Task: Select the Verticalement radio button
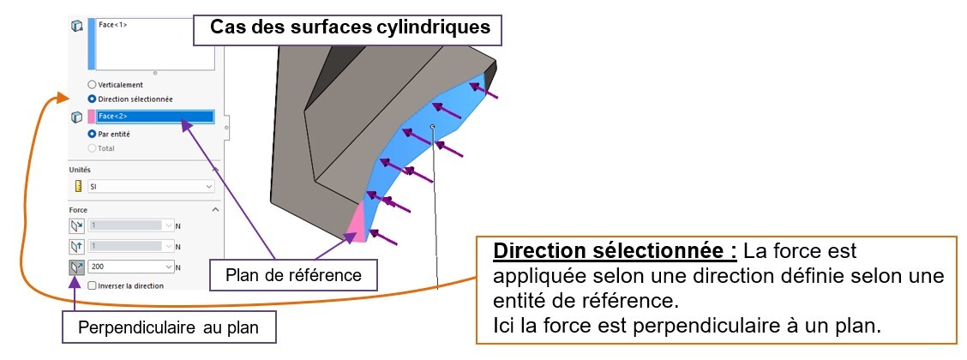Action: (x=92, y=85)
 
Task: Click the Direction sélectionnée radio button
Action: (x=92, y=99)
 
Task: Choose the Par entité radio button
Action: (x=92, y=134)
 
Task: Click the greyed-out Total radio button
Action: (x=92, y=148)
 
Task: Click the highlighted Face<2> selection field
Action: (x=155, y=117)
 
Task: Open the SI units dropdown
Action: (x=151, y=186)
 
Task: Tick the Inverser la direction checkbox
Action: (x=92, y=286)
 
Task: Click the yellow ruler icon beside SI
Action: (x=78, y=186)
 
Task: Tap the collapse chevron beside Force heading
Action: (x=215, y=210)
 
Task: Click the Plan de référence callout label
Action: (x=293, y=274)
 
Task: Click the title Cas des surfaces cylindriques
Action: (x=351, y=27)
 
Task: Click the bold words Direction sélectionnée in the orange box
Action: (x=615, y=251)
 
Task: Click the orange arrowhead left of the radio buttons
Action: (x=62, y=97)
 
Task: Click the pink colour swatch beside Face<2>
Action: (x=91, y=117)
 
